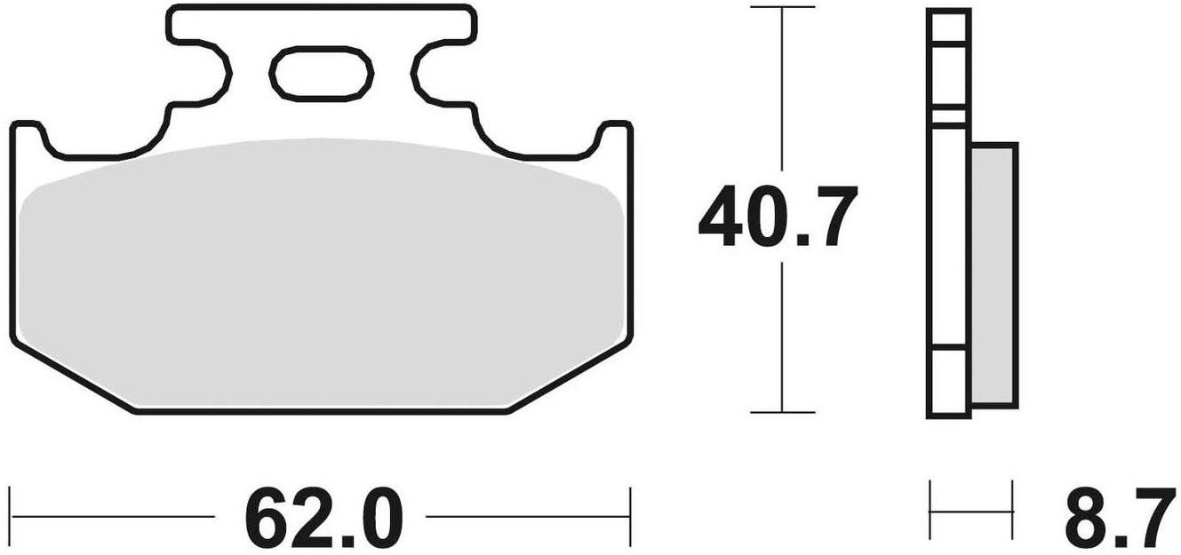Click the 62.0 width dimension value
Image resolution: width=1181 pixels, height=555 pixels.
coord(323,517)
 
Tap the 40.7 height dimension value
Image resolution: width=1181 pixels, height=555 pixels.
coord(778,217)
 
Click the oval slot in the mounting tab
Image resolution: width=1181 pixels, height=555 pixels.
coord(321,74)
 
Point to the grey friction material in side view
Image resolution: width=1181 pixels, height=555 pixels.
coord(994,275)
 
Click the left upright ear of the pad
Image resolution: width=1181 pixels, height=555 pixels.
coord(28,139)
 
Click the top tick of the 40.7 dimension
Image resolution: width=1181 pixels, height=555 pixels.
coord(783,7)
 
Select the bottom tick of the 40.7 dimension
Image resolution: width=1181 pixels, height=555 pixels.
coord(783,412)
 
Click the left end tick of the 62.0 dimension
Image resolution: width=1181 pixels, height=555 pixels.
coord(11,517)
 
